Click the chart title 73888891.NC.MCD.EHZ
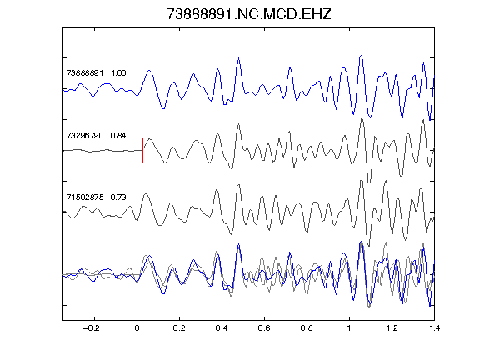tap(249, 14)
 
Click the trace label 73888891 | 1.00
tap(96, 73)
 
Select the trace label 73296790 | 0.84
tap(96, 136)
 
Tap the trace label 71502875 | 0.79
tap(96, 197)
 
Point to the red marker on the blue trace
tap(137, 88)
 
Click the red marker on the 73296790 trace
tap(142, 151)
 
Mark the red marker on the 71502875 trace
tap(197, 212)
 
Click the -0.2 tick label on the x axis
tap(92, 328)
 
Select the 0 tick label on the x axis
tap(137, 328)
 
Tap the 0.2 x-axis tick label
tap(179, 328)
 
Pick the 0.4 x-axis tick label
tap(222, 328)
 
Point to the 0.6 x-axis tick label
tap(264, 328)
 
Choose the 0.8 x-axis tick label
tap(307, 328)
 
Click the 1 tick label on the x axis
tap(349, 328)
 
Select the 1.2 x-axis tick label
tap(392, 328)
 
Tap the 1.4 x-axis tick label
tap(434, 328)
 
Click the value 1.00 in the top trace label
tap(118, 73)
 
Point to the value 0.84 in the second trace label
tap(118, 136)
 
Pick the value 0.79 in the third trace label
tap(118, 197)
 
